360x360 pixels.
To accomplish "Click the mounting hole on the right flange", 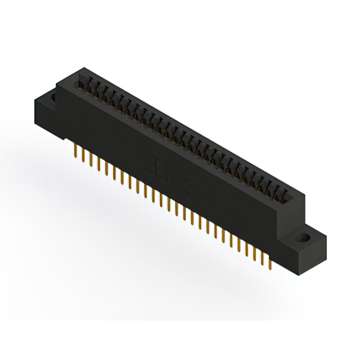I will (307, 236).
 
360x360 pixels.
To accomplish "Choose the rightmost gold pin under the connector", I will (271, 262).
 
